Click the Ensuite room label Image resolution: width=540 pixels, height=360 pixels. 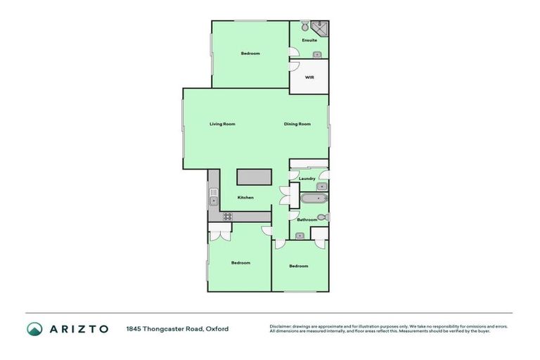309,40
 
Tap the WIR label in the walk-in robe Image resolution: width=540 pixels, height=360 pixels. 309,77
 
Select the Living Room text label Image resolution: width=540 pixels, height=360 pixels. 222,124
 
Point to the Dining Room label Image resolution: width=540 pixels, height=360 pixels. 297,124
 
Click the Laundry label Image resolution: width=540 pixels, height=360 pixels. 307,179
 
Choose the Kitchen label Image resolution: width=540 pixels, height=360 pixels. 245,198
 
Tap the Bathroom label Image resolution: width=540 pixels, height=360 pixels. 307,220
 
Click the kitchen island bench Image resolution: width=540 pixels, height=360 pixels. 254,177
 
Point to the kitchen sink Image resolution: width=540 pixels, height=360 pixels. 214,201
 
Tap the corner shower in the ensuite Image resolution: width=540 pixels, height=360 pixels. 321,27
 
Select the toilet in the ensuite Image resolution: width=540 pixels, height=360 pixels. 305,27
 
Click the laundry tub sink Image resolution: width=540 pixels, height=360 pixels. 321,186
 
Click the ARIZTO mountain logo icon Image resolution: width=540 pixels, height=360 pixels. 34,329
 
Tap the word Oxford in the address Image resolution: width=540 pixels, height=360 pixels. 217,329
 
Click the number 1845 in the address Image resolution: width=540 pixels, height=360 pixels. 134,329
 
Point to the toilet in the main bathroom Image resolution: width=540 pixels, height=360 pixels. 322,218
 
